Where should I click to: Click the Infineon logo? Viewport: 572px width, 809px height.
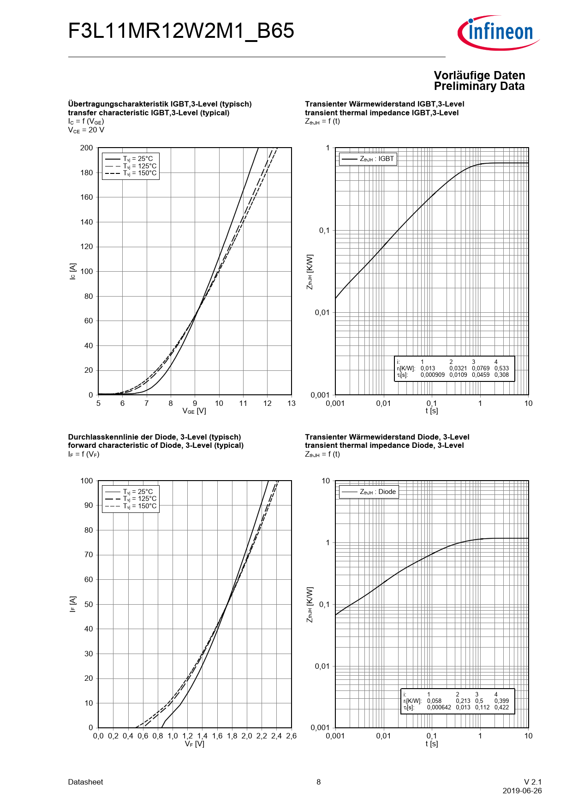click(x=499, y=32)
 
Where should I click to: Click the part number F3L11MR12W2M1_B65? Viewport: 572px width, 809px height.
click(x=181, y=31)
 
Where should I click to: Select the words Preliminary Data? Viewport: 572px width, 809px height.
click(x=479, y=86)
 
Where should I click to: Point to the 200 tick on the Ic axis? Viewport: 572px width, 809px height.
click(x=86, y=148)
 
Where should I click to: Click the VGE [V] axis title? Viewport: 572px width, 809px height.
click(x=194, y=411)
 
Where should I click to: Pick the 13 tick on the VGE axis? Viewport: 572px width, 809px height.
click(x=291, y=404)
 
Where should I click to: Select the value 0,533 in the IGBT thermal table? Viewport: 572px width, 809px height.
click(x=501, y=369)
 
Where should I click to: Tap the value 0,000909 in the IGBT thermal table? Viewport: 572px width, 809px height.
click(x=432, y=375)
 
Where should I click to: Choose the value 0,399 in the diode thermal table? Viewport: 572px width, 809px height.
click(x=501, y=701)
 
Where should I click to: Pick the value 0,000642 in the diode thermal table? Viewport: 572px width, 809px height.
click(x=439, y=708)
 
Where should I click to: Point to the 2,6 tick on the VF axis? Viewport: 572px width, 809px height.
click(x=291, y=736)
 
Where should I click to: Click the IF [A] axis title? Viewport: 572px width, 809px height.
click(x=72, y=604)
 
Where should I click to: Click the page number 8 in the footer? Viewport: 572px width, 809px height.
click(x=318, y=782)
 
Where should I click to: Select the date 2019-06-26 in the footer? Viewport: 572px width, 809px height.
click(x=522, y=791)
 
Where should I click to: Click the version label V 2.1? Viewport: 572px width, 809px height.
click(x=532, y=782)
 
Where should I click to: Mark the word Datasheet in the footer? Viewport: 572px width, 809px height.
click(x=85, y=782)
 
